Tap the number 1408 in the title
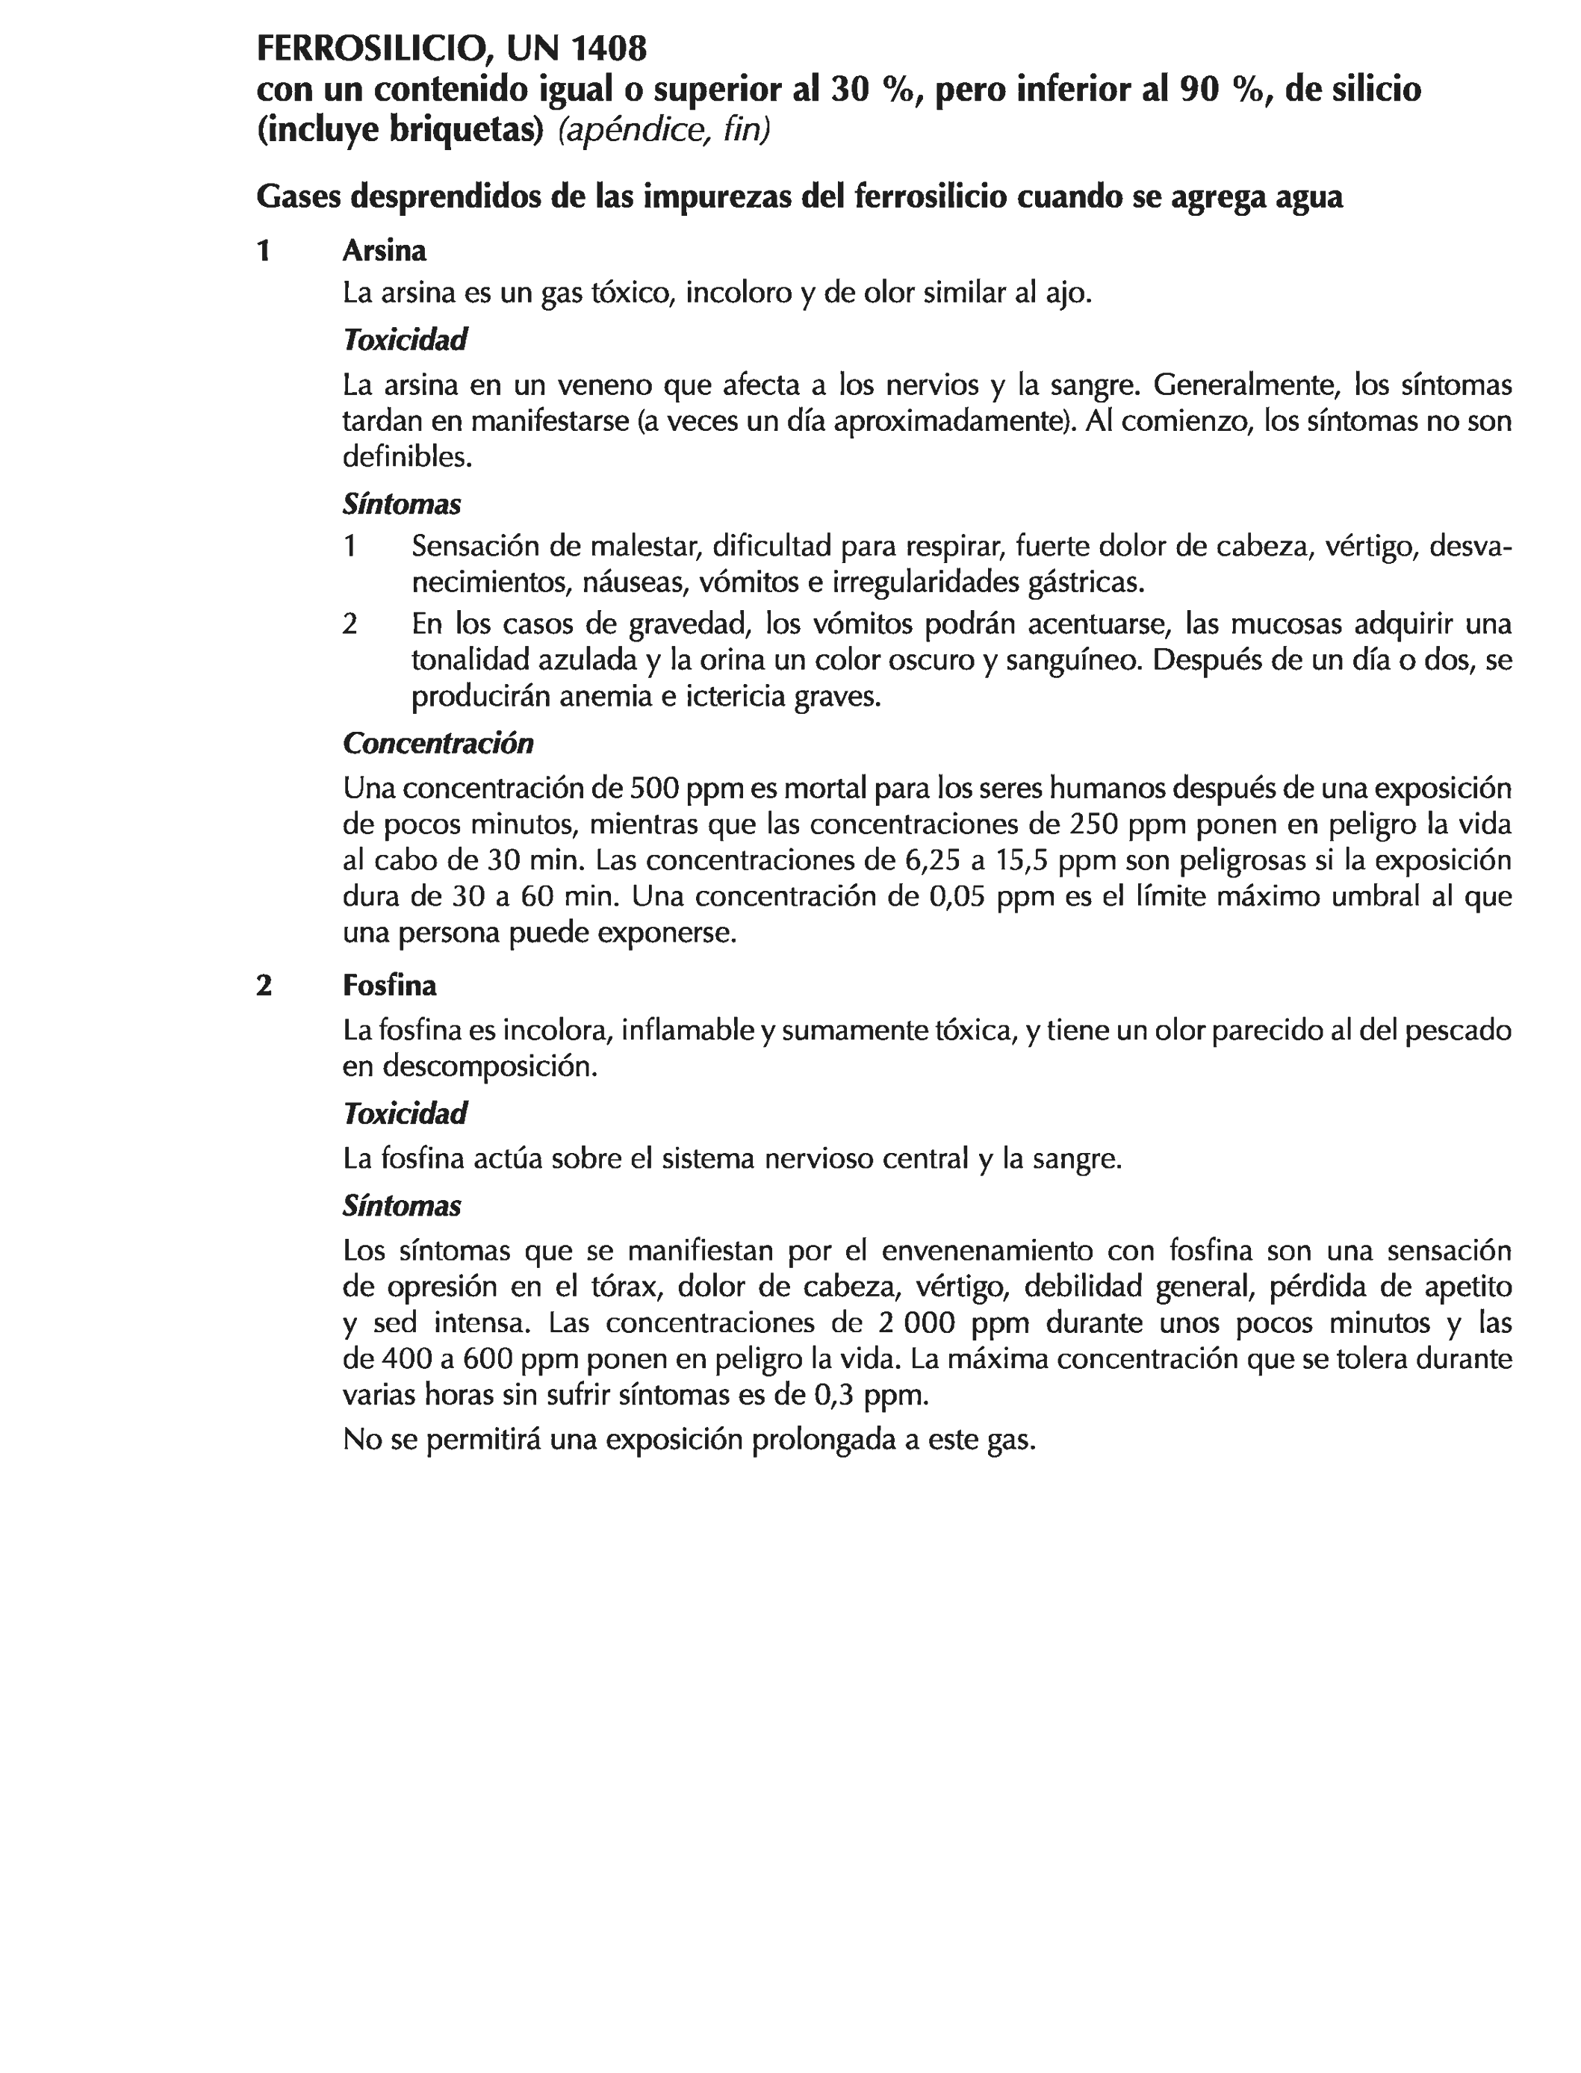pyautogui.click(x=604, y=47)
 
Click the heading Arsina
pyautogui.click(x=384, y=251)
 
